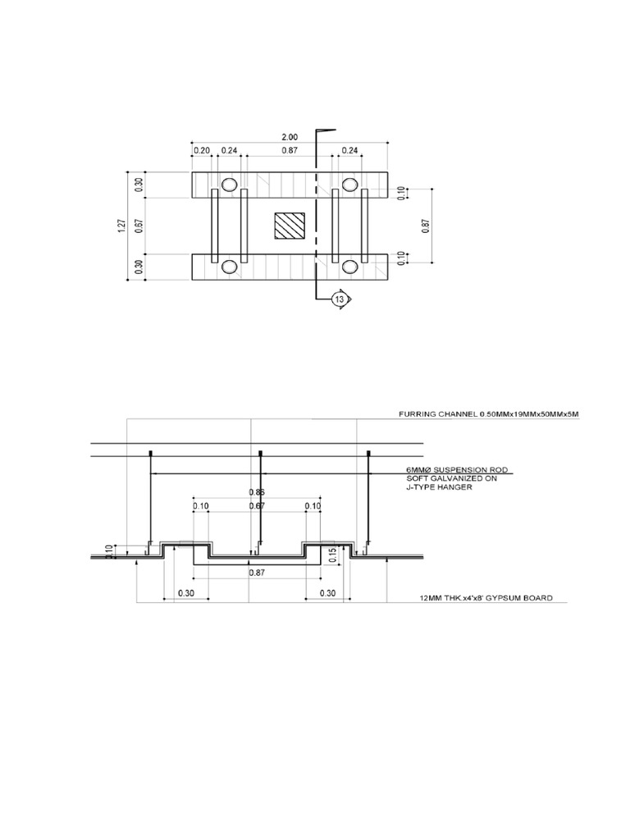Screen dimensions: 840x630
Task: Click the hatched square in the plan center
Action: click(289, 226)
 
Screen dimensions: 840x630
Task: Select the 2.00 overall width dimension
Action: click(290, 136)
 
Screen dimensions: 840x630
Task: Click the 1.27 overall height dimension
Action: click(121, 226)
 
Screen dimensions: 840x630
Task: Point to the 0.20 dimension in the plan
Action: click(201, 150)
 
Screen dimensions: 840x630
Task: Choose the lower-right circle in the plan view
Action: click(350, 266)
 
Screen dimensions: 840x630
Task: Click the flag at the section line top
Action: click(326, 130)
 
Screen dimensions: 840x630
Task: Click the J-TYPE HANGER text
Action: click(440, 487)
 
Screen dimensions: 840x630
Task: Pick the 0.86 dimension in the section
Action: click(257, 492)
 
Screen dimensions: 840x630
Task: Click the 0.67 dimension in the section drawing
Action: click(257, 506)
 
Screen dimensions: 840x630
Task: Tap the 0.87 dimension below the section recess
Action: click(257, 573)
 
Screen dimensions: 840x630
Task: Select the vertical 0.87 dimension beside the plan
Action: click(426, 226)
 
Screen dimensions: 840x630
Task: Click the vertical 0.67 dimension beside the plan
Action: click(139, 226)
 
